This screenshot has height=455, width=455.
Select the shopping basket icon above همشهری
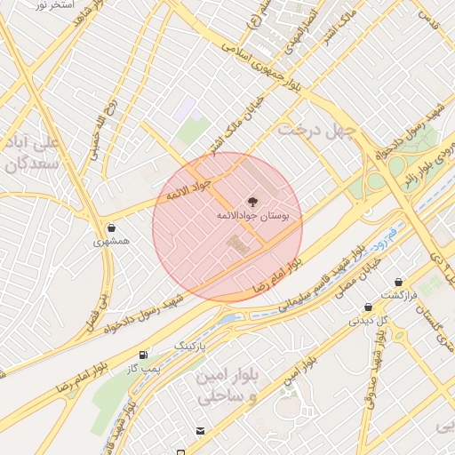coord(110,227)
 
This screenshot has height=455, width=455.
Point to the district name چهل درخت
coord(315,131)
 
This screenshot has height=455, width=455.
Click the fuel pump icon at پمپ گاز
coord(145,355)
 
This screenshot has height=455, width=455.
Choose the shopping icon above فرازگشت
coord(396,281)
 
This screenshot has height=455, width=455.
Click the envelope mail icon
coord(201,431)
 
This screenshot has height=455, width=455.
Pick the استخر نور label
coord(53,5)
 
